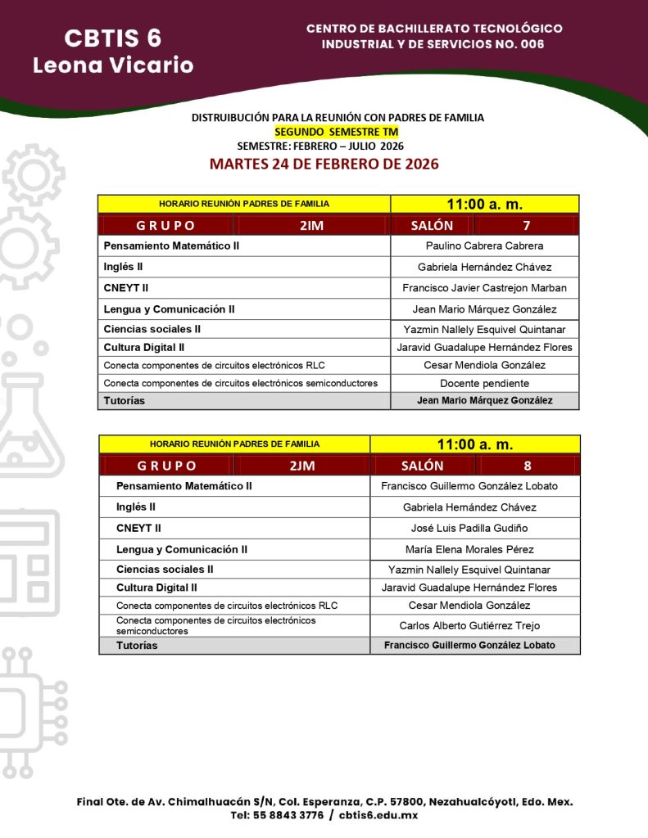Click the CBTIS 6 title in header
click(112, 38)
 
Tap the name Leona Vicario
click(113, 65)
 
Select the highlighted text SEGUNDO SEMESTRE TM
click(337, 132)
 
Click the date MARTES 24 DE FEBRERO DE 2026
click(324, 164)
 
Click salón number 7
click(527, 225)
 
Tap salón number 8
click(527, 466)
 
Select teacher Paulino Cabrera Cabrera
click(484, 246)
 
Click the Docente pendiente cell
click(484, 383)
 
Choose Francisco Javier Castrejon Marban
click(484, 288)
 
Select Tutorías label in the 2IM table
click(124, 401)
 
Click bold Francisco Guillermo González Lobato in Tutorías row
click(469, 645)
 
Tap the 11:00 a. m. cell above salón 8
click(474, 444)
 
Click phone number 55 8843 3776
click(277, 815)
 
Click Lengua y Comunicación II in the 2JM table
click(181, 549)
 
